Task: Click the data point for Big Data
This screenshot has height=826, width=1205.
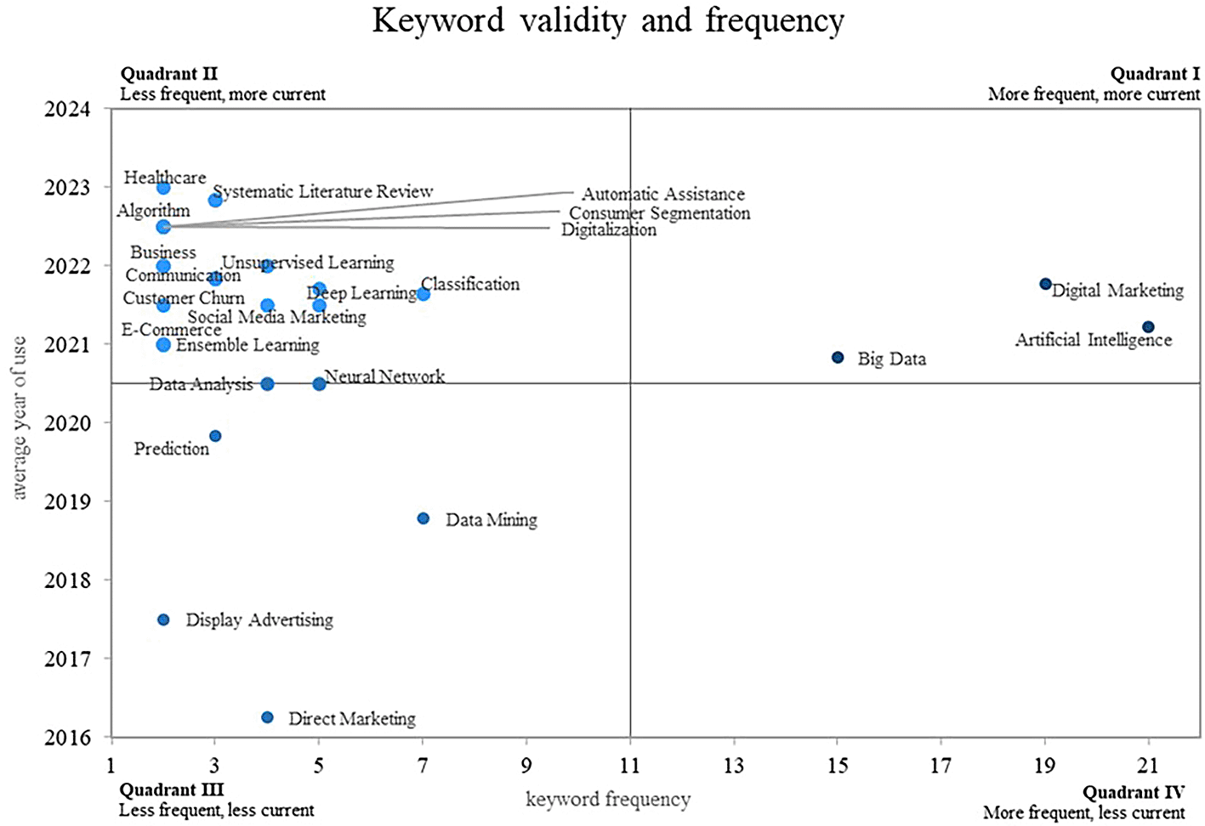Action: (838, 358)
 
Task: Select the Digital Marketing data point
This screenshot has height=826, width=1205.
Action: (1045, 284)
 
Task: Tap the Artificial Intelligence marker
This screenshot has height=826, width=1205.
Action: (1148, 327)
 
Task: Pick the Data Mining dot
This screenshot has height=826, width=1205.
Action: (423, 518)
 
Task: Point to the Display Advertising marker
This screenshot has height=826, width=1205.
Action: (163, 620)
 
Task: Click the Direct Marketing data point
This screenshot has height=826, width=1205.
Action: (267, 718)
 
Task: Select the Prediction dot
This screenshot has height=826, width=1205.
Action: (215, 436)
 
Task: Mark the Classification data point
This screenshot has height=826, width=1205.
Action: (423, 294)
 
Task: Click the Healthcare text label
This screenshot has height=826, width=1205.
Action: (165, 178)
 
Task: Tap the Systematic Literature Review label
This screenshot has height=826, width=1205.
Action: (323, 192)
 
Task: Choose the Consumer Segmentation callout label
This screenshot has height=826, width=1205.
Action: (660, 213)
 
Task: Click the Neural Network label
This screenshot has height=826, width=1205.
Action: (384, 376)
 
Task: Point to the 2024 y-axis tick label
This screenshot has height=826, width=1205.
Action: (67, 109)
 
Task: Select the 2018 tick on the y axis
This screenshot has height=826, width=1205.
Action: (67, 580)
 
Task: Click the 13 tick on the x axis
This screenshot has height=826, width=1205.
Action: (733, 766)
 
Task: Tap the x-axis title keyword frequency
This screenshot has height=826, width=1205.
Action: (608, 800)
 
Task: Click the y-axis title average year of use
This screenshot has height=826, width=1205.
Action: (20, 418)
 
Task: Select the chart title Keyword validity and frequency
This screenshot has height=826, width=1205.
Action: (608, 21)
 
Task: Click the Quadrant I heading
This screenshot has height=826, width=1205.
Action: (1155, 75)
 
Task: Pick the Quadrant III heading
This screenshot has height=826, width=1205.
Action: (171, 790)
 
